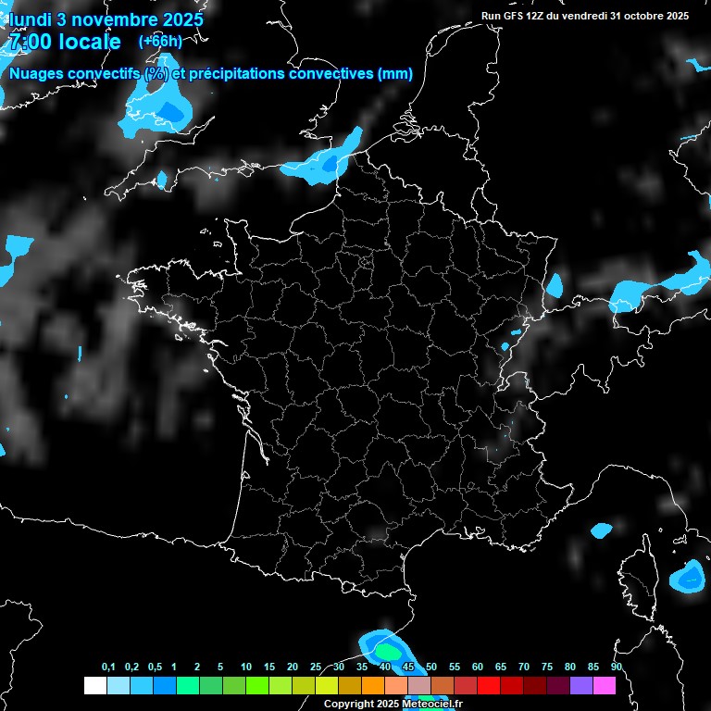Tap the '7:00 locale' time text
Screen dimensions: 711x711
(x=64, y=42)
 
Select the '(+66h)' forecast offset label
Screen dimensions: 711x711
(x=159, y=41)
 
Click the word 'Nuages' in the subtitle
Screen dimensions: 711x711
(x=36, y=73)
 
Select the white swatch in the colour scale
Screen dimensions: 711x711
(x=94, y=685)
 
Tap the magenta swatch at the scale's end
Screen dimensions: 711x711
(x=605, y=685)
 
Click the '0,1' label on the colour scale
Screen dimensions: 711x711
(x=108, y=667)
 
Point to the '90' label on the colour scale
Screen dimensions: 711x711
(x=616, y=667)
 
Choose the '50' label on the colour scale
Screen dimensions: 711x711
(x=431, y=667)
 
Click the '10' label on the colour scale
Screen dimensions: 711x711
(x=246, y=667)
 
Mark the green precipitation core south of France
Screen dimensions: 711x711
(x=385, y=652)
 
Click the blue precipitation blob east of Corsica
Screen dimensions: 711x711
(x=690, y=578)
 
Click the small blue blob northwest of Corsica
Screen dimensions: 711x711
(x=602, y=530)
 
